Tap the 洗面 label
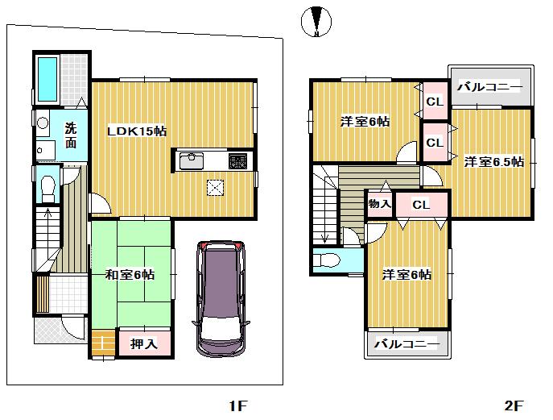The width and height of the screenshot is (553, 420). click(72, 135)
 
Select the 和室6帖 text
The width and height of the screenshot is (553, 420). click(130, 275)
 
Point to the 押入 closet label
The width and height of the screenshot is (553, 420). click(146, 343)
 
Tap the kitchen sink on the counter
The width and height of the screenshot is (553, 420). click(192, 161)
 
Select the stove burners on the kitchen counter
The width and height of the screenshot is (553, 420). click(238, 161)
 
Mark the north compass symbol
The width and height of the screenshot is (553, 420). click(316, 22)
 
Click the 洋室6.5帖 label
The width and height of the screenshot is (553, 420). click(493, 162)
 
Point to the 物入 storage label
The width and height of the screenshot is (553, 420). click(379, 204)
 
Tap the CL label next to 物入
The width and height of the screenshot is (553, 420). click(421, 205)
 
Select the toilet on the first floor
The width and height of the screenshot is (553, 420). click(47, 185)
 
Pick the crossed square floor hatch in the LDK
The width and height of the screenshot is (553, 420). click(216, 188)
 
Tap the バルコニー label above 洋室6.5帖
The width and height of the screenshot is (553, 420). click(490, 87)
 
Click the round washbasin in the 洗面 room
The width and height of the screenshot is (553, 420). click(43, 123)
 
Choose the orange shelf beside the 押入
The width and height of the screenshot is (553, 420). click(102, 343)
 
